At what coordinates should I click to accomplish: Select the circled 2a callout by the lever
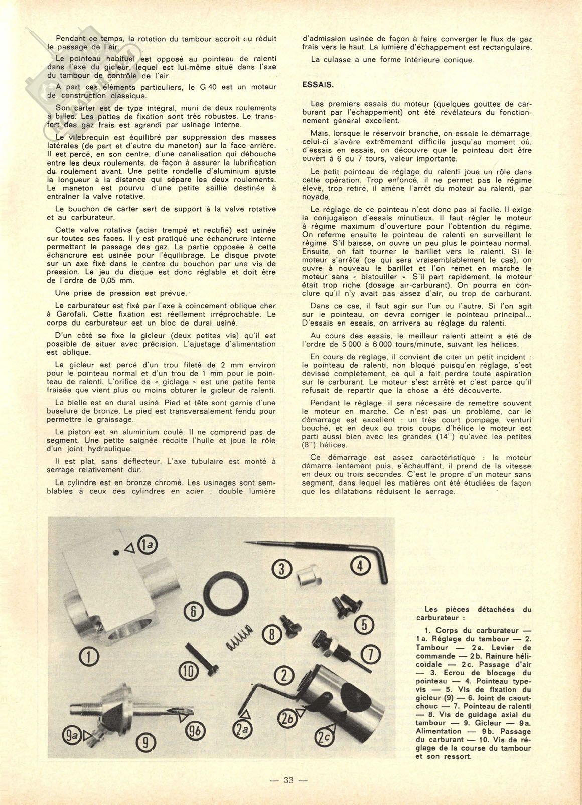coord(244,731)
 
